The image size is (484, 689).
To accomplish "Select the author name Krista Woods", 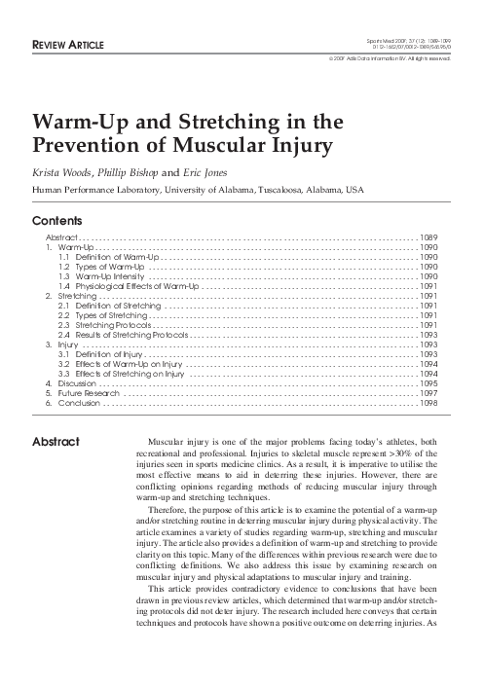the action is [62, 171].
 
